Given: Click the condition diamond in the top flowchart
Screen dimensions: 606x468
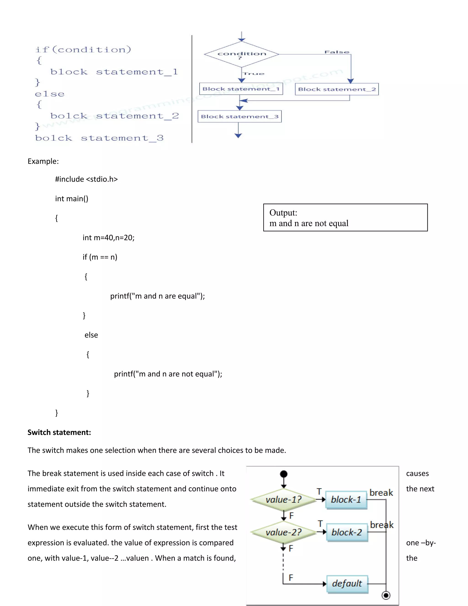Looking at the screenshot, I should (x=242, y=54).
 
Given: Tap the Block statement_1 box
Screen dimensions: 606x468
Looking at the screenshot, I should (x=241, y=89).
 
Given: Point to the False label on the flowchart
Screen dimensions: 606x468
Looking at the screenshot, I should (x=337, y=52).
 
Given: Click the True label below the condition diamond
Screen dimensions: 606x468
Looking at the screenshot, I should (x=254, y=74).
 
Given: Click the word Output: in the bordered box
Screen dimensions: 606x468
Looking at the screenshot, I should (x=283, y=213).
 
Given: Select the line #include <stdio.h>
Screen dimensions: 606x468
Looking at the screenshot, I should (x=86, y=179).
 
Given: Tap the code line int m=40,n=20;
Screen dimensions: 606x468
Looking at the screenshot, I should (x=108, y=238).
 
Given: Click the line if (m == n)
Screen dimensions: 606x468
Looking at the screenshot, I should (x=100, y=257).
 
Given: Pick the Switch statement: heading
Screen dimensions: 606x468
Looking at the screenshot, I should (x=59, y=432).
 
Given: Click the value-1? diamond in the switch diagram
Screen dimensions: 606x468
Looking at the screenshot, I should (x=283, y=500).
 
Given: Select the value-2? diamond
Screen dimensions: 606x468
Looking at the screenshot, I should (x=283, y=532).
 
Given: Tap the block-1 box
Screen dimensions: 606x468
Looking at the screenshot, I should (x=346, y=500).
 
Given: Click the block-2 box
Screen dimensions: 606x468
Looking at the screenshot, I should (x=347, y=532).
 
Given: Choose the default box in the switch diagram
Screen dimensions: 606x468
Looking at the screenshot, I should (x=347, y=584).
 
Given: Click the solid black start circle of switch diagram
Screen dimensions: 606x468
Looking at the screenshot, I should (x=284, y=474).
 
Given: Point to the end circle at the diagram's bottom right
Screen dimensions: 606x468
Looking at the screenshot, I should (x=386, y=595).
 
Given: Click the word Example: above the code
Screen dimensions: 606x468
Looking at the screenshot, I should (x=43, y=161).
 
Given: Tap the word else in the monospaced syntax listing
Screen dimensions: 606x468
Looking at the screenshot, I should (x=50, y=94).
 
